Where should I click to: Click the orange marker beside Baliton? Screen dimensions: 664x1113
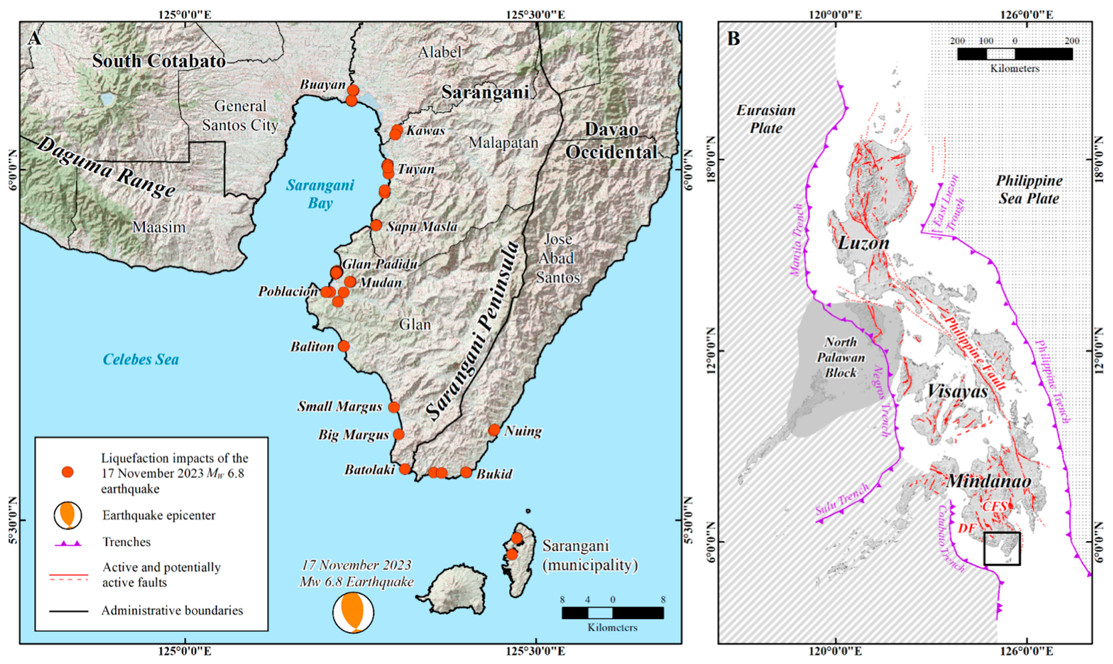[343, 346]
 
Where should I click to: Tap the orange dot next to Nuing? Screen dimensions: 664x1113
[494, 430]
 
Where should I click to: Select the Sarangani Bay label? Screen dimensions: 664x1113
[320, 194]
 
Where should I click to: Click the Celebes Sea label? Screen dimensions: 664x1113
[141, 360]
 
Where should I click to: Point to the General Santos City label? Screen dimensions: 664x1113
[240, 115]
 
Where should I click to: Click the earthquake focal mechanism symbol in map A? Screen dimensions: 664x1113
[353, 613]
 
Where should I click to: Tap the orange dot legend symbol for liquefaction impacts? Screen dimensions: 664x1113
[67, 472]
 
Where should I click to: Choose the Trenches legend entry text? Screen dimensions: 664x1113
[126, 542]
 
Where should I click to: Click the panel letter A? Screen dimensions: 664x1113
[34, 39]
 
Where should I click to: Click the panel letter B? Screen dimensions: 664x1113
[733, 39]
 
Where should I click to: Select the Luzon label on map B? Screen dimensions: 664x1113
[863, 243]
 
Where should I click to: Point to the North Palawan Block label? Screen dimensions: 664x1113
[840, 358]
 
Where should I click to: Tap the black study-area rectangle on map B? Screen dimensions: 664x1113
[1001, 549]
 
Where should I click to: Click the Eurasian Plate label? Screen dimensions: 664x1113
[766, 119]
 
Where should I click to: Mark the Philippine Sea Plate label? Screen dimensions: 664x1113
[1029, 190]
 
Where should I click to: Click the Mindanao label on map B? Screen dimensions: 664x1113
[989, 481]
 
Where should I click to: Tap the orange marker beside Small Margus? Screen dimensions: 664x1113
[393, 407]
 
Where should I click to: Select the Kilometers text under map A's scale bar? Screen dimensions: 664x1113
[612, 628]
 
